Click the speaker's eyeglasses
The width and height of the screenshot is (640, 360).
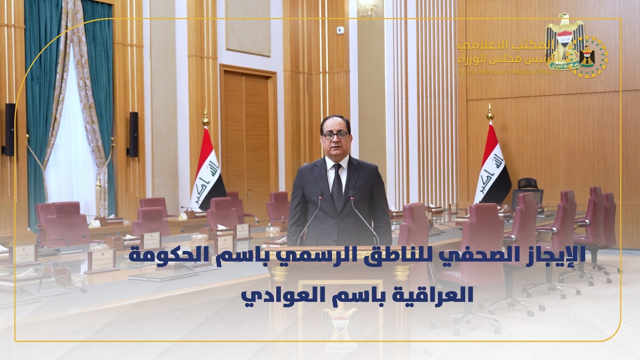(x=335, y=135)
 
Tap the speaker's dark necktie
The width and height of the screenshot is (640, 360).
(x=337, y=185)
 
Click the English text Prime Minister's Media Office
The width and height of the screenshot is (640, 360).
(x=505, y=72)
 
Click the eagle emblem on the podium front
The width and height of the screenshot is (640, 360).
(x=340, y=320)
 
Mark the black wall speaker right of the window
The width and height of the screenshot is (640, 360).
(x=133, y=134)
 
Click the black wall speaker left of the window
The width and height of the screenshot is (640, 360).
(x=9, y=129)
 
